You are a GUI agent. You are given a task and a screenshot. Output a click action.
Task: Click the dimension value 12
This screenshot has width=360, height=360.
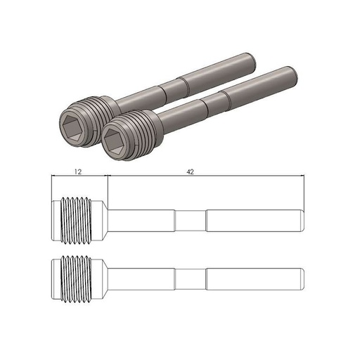[x=78, y=170]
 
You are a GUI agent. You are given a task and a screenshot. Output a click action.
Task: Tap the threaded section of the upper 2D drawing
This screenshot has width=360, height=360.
[x=79, y=219]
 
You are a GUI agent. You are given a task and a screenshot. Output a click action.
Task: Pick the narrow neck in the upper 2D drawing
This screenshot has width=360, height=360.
[x=191, y=219]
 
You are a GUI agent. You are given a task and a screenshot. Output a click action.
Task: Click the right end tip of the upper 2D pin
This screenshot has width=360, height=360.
[x=302, y=219]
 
